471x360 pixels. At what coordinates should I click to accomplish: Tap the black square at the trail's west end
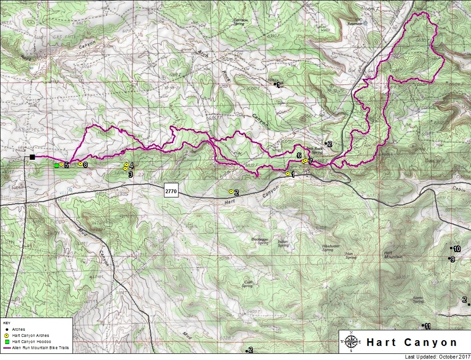[32, 157]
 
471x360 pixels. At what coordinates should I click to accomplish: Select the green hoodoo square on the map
[57, 165]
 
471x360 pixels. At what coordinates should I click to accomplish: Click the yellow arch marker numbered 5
[61, 164]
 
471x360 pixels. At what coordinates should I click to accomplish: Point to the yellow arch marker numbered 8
[81, 164]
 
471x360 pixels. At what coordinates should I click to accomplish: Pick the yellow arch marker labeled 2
[231, 191]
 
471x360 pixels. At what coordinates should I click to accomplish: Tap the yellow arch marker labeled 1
[287, 174]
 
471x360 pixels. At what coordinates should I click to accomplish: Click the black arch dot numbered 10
[451, 248]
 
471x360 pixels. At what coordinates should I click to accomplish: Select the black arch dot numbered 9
[449, 258]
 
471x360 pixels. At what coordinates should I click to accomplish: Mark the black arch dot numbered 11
[422, 325]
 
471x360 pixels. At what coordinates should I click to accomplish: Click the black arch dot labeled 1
[275, 84]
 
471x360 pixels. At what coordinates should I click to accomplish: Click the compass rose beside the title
[351, 342]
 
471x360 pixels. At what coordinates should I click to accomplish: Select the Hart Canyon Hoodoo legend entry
[28, 341]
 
